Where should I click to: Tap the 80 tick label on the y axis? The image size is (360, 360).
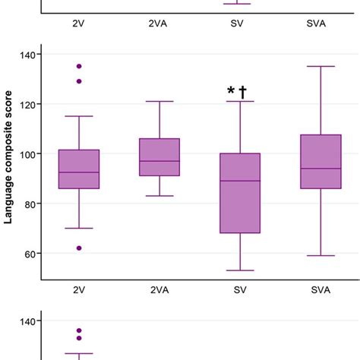pos(28,204)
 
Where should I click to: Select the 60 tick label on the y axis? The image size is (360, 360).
pos(28,254)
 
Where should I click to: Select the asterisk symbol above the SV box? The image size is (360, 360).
pos(231,92)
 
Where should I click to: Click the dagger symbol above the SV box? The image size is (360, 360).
pos(244,92)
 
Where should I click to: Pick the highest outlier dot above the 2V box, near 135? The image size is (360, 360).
pos(79,66)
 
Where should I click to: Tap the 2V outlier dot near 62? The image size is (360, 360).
pos(79,248)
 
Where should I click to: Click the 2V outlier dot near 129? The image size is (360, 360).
pos(79,81)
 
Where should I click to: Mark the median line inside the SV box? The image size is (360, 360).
pos(240,181)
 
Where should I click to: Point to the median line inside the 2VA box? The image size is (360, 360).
pos(159,161)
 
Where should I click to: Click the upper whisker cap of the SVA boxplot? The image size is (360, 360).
pos(321,66)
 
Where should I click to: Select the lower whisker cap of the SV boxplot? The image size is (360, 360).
pos(240,270)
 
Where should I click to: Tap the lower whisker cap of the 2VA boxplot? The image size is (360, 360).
pos(159,196)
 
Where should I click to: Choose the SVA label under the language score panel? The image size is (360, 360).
pos(321,289)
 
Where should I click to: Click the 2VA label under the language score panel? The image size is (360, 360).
pos(159,289)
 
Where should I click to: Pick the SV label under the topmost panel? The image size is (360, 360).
pos(240,23)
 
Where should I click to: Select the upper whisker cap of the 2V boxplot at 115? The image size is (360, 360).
pos(79,116)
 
